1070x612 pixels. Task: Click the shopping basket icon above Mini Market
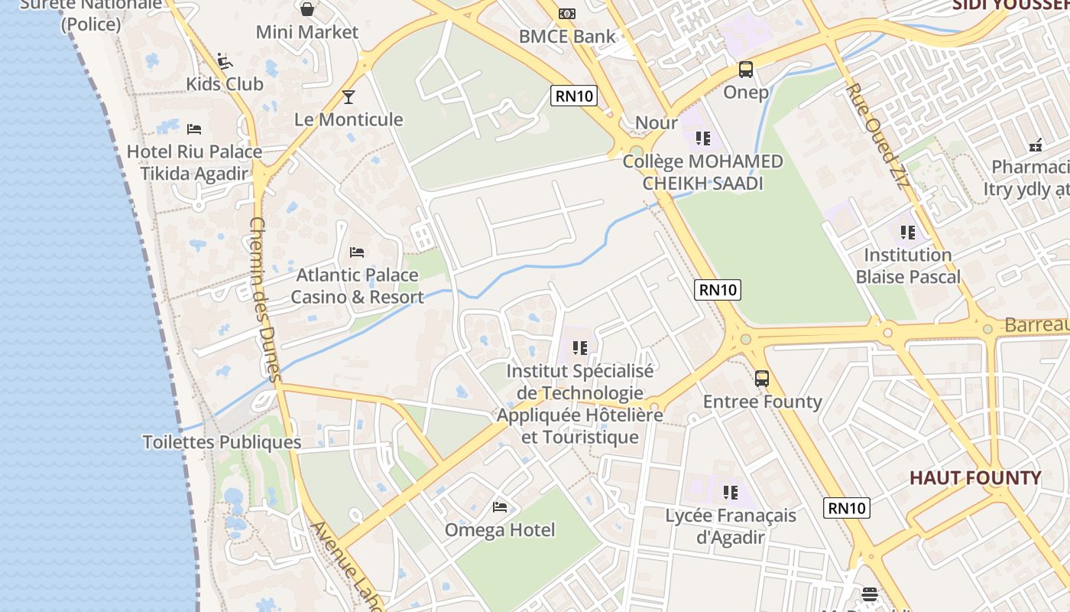[307, 9]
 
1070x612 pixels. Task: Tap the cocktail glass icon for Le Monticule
[349, 96]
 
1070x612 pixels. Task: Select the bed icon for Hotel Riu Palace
[194, 129]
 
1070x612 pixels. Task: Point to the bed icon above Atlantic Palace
[357, 252]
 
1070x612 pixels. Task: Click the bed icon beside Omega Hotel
[500, 506]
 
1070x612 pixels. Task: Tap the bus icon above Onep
[746, 70]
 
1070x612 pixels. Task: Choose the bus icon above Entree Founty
[762, 378]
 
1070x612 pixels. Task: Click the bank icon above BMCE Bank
[566, 13]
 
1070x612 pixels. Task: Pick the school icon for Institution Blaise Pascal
[908, 232]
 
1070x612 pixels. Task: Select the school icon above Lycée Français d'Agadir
[731, 492]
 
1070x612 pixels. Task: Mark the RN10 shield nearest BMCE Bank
[574, 96]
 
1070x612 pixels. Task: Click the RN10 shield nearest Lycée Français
[847, 507]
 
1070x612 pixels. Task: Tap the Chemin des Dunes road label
[265, 298]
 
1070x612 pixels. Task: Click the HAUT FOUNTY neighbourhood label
[975, 478]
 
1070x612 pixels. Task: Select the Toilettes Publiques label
[222, 442]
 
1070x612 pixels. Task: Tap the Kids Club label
[225, 83]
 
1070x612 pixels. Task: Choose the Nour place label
[657, 122]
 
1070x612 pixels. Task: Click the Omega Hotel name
[500, 529]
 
